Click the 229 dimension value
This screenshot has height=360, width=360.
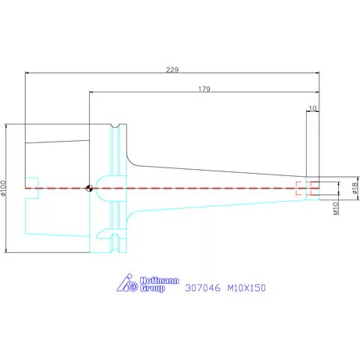tap(172, 70)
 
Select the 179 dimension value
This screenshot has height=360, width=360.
tap(204, 89)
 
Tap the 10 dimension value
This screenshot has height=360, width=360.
tap(312, 108)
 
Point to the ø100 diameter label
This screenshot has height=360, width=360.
tap(3, 188)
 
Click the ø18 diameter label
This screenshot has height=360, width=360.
tap(355, 188)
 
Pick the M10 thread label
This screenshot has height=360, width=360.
tap(336, 209)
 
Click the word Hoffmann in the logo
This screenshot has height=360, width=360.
tap(160, 281)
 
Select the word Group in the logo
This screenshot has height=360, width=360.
tap(153, 288)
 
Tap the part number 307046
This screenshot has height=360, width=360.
tap(203, 288)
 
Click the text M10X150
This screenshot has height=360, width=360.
tap(247, 288)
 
